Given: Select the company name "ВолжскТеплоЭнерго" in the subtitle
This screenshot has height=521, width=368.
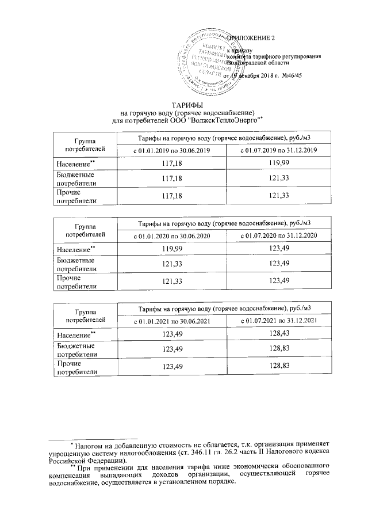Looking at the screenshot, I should pos(228,120).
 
